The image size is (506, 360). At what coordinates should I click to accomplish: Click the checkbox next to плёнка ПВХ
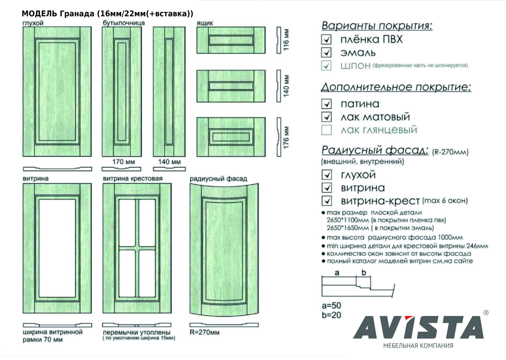pyautogui.click(x=326, y=39)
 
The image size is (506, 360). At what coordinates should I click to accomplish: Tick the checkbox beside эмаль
pyautogui.click(x=326, y=52)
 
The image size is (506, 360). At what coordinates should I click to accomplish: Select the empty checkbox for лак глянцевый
pyautogui.click(x=326, y=130)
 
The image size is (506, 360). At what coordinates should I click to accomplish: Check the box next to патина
pyautogui.click(x=326, y=104)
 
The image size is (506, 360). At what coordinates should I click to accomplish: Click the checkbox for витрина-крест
pyautogui.click(x=326, y=201)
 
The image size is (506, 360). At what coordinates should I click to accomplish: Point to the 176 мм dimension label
pyautogui.click(x=286, y=137)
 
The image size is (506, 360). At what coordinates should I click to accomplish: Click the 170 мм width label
pyautogui.click(x=123, y=162)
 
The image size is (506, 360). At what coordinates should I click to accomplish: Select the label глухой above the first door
pyautogui.click(x=33, y=23)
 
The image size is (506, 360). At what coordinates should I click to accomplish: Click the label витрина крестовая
pyautogui.click(x=132, y=179)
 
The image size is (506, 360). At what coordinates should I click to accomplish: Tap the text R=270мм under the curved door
pyautogui.click(x=204, y=332)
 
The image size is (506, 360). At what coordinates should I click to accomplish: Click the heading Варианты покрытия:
pyautogui.click(x=377, y=26)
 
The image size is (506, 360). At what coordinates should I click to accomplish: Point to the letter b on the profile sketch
pyautogui.click(x=364, y=273)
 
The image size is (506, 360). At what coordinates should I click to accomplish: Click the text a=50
pyautogui.click(x=331, y=305)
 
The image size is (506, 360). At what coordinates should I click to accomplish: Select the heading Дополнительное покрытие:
pyautogui.click(x=396, y=87)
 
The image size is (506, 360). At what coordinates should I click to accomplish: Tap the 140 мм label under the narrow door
pyautogui.click(x=169, y=162)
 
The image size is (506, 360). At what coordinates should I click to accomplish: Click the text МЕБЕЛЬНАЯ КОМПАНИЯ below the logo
pyautogui.click(x=418, y=346)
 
